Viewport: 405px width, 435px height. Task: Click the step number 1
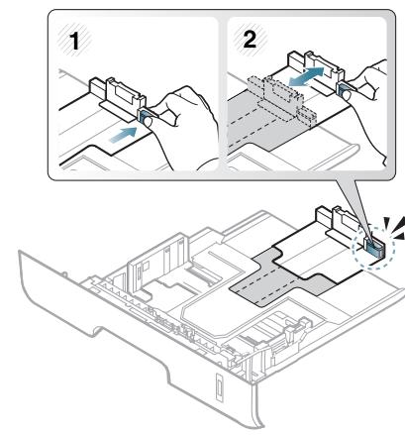tap(75, 42)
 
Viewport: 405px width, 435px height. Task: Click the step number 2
tap(250, 40)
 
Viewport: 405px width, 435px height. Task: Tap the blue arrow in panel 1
tap(123, 135)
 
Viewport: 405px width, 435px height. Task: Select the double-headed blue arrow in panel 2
tap(306, 76)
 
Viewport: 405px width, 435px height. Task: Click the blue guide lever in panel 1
tap(145, 117)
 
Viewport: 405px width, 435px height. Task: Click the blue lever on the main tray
tap(374, 247)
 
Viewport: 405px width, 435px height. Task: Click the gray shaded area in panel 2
tap(260, 127)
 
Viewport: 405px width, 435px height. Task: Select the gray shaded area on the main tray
tap(280, 278)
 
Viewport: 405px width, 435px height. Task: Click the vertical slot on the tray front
tap(219, 387)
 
